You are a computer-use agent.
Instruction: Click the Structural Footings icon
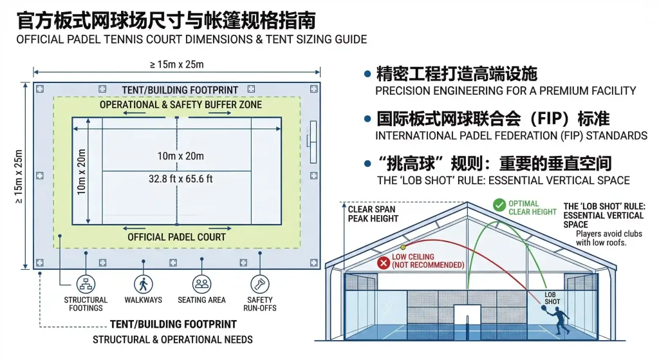(x=86, y=283)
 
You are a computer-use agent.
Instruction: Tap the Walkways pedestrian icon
(x=144, y=283)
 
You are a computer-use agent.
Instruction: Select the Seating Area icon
(x=201, y=283)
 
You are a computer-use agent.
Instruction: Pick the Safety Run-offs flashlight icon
(x=260, y=283)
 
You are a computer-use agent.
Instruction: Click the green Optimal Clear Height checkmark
(x=499, y=205)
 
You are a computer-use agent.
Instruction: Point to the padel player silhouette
(x=558, y=320)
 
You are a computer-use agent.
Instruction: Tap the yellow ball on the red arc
(x=404, y=247)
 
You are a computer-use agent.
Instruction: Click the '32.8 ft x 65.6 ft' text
(x=180, y=179)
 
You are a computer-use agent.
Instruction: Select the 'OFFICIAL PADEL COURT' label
(x=176, y=237)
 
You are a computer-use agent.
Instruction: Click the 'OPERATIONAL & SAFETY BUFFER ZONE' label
(x=176, y=104)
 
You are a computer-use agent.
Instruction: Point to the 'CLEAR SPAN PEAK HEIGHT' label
(x=373, y=214)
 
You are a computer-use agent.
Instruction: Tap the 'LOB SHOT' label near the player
(x=552, y=297)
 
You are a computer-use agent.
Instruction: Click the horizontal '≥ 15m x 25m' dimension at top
(x=177, y=64)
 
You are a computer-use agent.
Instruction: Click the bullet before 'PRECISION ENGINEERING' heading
(x=367, y=74)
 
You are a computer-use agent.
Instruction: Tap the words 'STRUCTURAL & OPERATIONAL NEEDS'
(x=172, y=339)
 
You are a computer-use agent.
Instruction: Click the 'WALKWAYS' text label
(x=144, y=300)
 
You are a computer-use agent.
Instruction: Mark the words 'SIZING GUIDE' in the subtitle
(x=331, y=39)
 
